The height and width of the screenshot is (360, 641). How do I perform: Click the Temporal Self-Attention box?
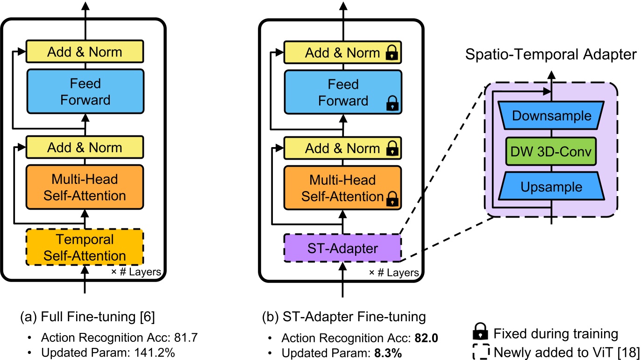pos(85,247)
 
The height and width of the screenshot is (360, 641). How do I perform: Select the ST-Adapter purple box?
pos(342,248)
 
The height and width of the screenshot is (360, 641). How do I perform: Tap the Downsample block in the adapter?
pos(551,116)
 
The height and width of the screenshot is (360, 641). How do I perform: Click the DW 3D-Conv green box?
pos(551,151)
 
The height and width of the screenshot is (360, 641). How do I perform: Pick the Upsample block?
pos(551,187)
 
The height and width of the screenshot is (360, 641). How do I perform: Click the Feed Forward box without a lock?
pos(85,92)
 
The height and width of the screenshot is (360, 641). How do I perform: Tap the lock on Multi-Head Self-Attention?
pos(392,200)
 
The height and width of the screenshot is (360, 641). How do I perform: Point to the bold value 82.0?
pos(424,338)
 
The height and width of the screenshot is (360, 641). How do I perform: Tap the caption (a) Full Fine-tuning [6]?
pos(87,317)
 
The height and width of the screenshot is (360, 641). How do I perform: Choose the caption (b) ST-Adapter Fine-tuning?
pos(344,317)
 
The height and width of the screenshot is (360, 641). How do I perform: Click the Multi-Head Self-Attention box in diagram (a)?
pos(85,187)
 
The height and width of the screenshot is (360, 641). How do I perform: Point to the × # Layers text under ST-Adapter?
pos(394,273)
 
